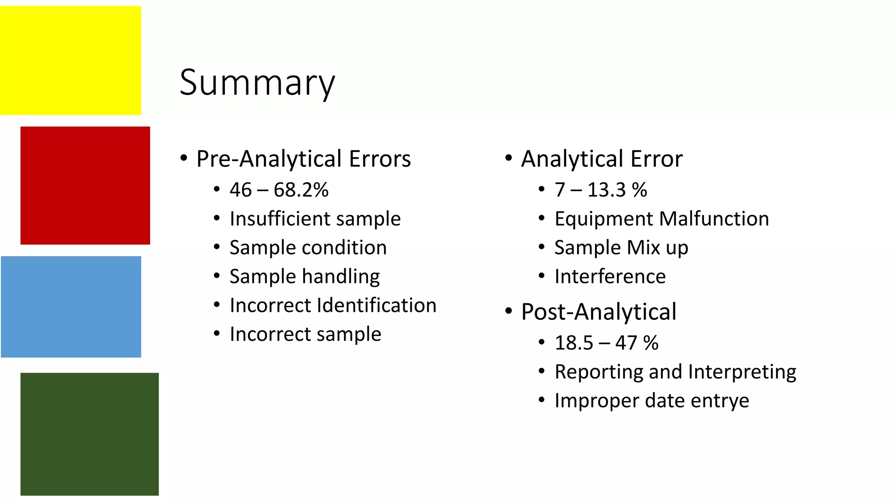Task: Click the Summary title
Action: [257, 83]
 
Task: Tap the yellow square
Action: [70, 60]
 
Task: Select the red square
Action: [85, 185]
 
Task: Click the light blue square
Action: [71, 307]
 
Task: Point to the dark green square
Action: [90, 434]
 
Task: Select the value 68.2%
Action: [301, 190]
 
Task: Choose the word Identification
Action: [377, 305]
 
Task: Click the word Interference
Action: [610, 276]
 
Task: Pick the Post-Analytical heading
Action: [598, 312]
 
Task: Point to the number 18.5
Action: [574, 343]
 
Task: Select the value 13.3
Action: [607, 190]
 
